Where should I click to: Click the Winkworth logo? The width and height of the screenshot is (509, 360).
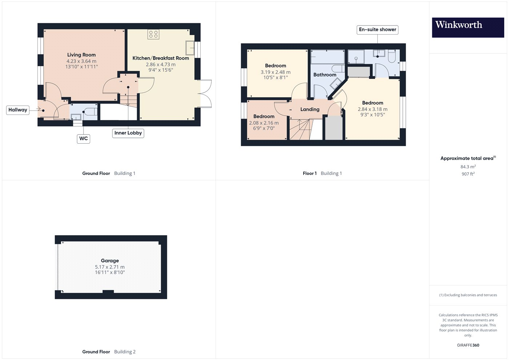tap(468, 28)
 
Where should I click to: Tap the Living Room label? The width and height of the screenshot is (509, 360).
tap(81, 55)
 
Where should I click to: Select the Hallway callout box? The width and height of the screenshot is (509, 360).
tap(18, 110)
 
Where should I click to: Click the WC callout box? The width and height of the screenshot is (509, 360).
tap(83, 139)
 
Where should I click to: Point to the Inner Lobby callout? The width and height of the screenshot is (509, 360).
tap(128, 133)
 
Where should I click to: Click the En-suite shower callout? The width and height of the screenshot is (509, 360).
tap(377, 29)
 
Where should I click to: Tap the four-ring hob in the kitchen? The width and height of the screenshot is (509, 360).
tap(153, 34)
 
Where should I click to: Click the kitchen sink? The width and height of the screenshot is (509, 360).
tap(190, 48)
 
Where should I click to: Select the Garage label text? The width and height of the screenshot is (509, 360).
tap(110, 261)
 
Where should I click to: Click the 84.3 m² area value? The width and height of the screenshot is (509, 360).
tap(468, 167)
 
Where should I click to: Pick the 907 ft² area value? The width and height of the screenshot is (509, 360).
tap(468, 174)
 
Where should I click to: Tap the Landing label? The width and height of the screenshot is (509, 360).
tap(310, 109)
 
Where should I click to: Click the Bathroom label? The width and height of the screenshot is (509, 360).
tap(325, 75)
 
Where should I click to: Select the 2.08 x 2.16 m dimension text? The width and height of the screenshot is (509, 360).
tap(264, 123)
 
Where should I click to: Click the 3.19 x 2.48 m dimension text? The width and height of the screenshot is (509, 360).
tap(276, 72)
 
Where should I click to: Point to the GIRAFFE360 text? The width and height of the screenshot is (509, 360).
tap(468, 345)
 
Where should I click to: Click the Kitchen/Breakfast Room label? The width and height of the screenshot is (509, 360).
tap(161, 58)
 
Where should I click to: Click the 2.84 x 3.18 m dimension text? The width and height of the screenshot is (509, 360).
tap(373, 109)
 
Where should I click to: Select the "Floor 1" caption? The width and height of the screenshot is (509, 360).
tap(310, 173)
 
